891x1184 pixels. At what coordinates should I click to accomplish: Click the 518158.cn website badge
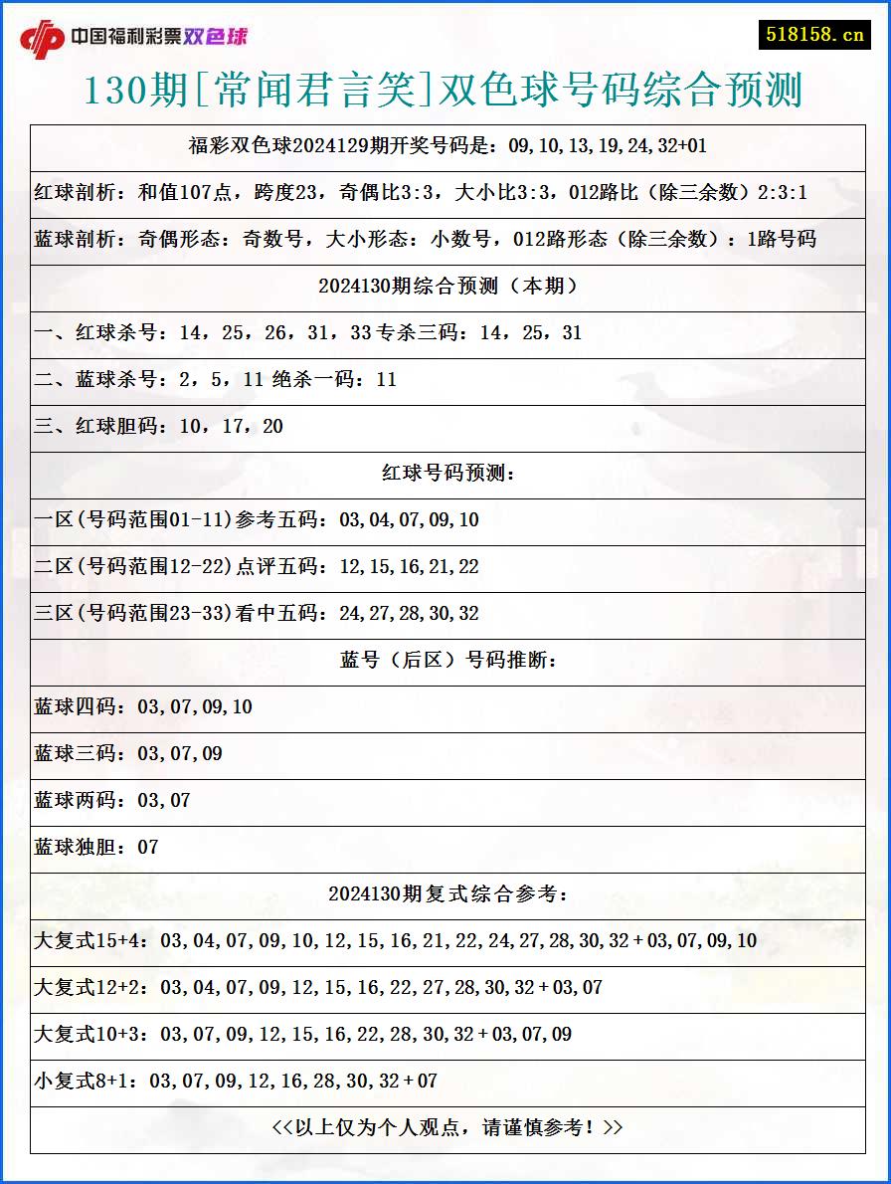[814, 34]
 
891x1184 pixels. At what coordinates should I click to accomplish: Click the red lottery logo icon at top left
[42, 39]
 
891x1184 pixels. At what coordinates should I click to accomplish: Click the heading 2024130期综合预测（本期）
[447, 287]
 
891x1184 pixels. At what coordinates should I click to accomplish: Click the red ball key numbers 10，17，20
[232, 427]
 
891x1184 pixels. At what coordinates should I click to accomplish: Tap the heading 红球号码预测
[447, 474]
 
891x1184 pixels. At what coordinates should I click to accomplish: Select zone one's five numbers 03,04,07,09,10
[409, 520]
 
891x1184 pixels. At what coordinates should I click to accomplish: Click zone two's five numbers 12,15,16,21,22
[409, 567]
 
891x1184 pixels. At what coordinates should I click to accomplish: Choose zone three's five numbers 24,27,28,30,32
[409, 614]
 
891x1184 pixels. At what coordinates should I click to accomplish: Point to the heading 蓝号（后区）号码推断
[447, 661]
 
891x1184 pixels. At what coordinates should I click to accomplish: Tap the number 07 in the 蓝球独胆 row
[148, 848]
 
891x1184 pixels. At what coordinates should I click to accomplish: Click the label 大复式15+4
[91, 941]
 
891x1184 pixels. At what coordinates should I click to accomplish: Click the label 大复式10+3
[91, 1035]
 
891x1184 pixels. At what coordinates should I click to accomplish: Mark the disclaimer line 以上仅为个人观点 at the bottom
[447, 1128]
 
